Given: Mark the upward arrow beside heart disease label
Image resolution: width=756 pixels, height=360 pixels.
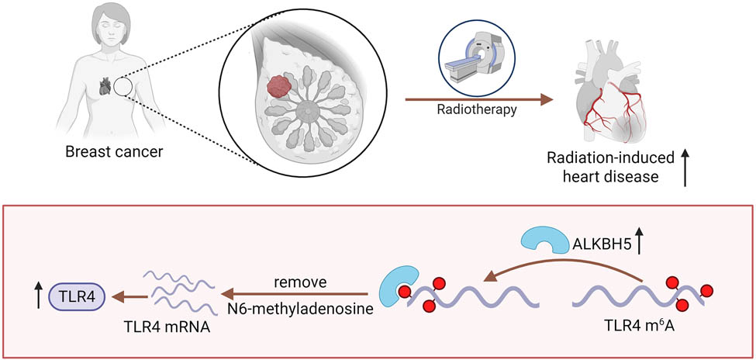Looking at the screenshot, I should click(685, 168).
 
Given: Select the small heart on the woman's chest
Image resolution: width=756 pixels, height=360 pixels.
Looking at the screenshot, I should click(105, 87).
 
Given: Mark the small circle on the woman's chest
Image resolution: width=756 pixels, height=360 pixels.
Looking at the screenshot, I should click(123, 87).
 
